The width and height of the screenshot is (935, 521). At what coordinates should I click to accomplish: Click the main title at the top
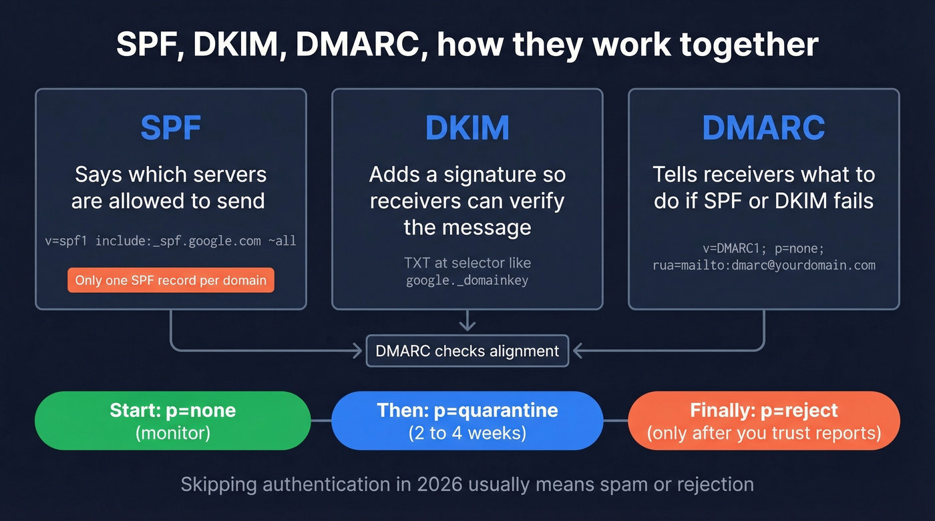click(x=467, y=44)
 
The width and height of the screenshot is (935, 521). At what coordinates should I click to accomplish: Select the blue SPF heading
click(x=171, y=128)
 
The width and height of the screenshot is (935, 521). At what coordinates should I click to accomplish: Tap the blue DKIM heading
click(x=467, y=128)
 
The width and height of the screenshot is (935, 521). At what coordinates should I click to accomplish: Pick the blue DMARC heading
click(x=763, y=128)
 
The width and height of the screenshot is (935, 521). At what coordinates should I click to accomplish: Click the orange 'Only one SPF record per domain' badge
click(x=170, y=280)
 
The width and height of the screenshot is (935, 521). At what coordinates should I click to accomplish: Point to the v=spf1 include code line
click(x=170, y=241)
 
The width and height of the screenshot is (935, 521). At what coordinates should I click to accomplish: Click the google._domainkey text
click(x=467, y=280)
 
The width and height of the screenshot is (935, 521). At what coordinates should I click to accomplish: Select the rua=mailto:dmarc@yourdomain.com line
click(x=763, y=265)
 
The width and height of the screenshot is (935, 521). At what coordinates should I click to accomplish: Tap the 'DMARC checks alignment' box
click(x=467, y=351)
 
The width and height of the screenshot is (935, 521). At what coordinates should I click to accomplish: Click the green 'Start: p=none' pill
click(x=172, y=420)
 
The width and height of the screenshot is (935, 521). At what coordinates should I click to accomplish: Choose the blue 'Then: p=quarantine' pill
click(x=467, y=420)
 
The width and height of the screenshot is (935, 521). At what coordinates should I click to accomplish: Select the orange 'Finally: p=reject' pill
click(x=763, y=420)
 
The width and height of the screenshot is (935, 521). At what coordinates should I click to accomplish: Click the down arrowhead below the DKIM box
click(x=467, y=326)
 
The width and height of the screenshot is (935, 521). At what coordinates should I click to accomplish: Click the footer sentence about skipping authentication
click(x=467, y=484)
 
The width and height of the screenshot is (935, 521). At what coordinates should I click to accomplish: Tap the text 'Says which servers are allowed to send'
click(x=170, y=187)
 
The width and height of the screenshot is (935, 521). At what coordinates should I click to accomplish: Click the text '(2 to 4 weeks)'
click(x=467, y=433)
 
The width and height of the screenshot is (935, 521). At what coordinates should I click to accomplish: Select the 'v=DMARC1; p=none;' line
click(x=763, y=248)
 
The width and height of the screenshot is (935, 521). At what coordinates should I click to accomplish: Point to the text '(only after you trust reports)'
click(x=763, y=433)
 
